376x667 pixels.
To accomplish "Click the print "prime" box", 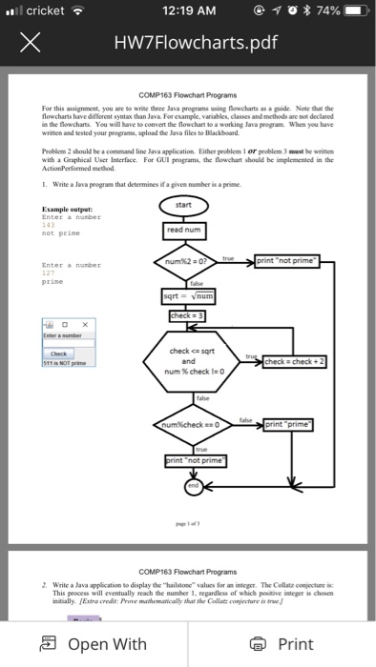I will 294,422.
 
